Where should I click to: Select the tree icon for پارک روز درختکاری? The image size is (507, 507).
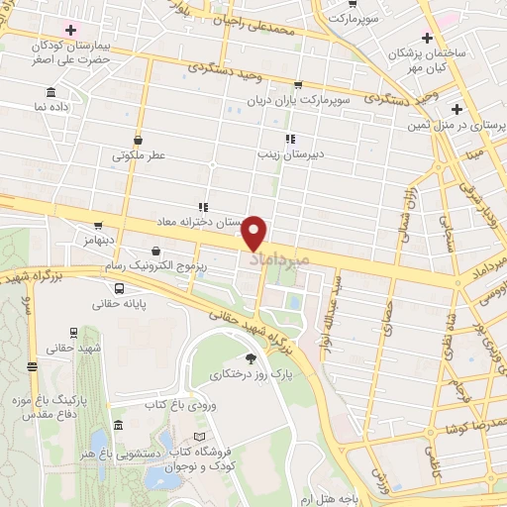251,358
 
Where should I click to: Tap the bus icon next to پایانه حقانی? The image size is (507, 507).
119,289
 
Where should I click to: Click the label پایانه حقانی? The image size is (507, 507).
119,305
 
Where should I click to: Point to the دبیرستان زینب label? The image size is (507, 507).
285,153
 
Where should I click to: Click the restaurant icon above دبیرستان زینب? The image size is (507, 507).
290,139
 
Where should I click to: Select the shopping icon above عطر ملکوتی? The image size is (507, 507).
138,140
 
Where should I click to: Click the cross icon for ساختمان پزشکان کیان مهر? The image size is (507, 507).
427,36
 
